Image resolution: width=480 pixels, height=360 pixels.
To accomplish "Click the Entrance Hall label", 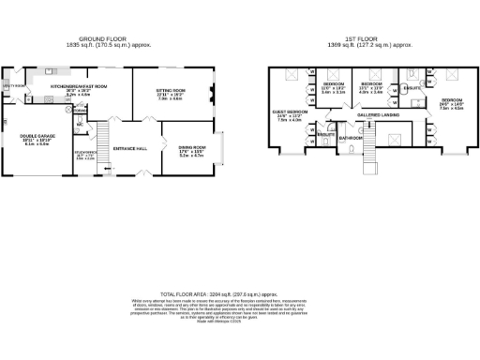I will [127, 148].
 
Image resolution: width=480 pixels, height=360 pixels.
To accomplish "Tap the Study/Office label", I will [85, 153].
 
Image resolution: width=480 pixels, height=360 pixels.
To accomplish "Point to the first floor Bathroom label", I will [352, 137].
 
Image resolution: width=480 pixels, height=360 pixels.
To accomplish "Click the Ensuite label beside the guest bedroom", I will [325, 134].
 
